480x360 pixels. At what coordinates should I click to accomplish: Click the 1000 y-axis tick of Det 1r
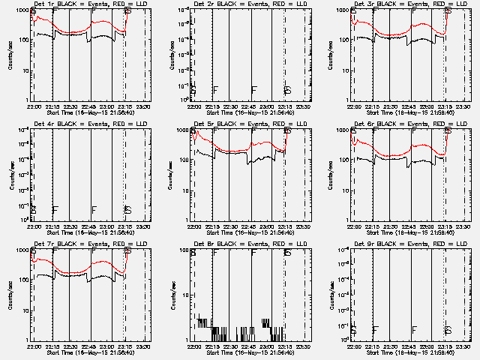pyautogui.click(x=24, y=10)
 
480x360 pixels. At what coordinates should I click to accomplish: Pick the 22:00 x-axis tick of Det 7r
pyautogui.click(x=34, y=346)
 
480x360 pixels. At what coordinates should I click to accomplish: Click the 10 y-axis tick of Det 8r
pyautogui.click(x=186, y=295)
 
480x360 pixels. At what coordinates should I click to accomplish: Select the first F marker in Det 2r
pyautogui.click(x=215, y=90)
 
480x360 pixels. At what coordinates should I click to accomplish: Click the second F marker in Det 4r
pyautogui.click(x=94, y=210)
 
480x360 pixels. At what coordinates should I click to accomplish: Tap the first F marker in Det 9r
pyautogui.click(x=375, y=330)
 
